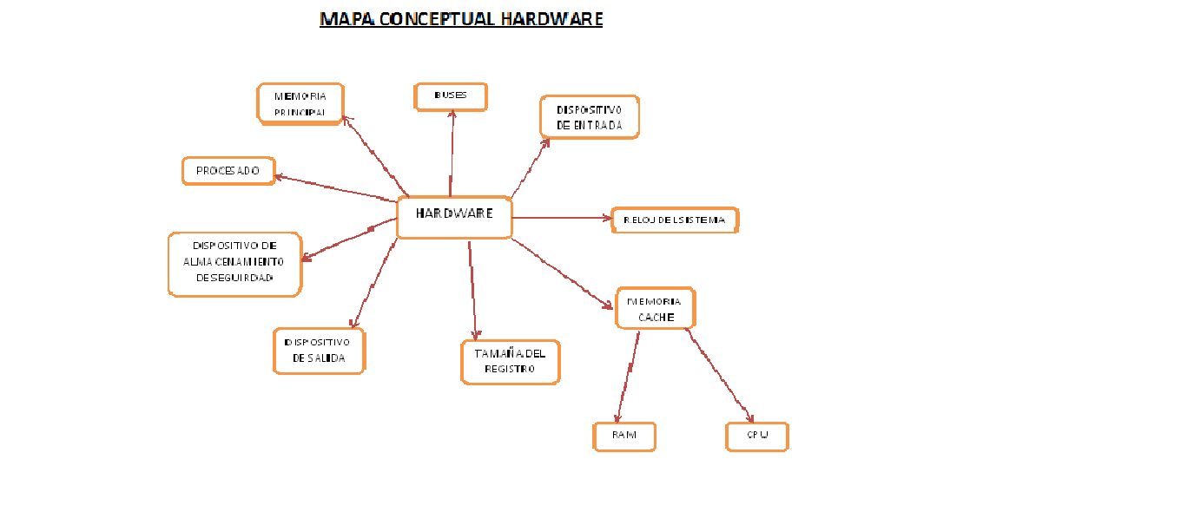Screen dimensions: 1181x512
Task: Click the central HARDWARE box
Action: (454, 217)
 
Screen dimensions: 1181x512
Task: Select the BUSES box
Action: (451, 96)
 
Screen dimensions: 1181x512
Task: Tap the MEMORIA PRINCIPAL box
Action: (300, 104)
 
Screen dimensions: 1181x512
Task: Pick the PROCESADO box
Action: (228, 171)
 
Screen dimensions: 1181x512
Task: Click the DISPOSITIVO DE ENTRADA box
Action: (590, 117)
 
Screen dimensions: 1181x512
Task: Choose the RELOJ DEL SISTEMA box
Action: (675, 220)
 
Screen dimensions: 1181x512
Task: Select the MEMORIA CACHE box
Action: (656, 308)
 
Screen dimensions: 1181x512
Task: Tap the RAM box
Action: (624, 437)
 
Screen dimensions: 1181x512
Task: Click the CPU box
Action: (756, 437)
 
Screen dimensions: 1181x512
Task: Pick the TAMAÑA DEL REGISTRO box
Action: (510, 361)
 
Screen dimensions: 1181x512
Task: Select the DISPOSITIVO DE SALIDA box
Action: (319, 351)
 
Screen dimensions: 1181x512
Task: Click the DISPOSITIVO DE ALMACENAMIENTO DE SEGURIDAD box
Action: (234, 264)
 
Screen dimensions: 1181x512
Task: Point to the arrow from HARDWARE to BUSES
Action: (452, 152)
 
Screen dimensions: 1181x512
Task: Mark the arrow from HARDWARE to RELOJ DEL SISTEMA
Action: (560, 218)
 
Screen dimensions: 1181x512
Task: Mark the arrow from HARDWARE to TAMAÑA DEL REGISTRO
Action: (472, 291)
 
